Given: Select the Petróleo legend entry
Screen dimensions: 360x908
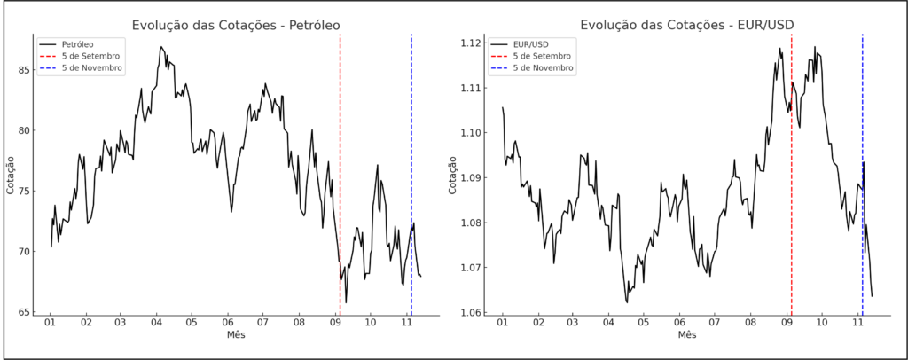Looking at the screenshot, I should point(78,43).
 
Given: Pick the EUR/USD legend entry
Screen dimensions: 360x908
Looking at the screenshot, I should point(530,43).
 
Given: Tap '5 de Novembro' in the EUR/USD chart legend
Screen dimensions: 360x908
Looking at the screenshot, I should point(543,67).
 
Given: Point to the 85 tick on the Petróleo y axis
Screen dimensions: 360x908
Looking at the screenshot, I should point(25,70).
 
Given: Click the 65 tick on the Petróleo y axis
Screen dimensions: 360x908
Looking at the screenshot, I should point(25,312).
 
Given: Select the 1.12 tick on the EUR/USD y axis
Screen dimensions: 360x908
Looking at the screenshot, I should point(470,43).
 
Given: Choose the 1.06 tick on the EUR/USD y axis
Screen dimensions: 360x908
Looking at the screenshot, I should point(470,312).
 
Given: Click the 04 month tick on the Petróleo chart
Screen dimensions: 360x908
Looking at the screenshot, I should point(156,324).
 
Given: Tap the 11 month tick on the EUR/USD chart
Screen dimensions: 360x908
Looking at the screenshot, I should point(857,324).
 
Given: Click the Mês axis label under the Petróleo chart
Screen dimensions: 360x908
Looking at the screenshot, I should point(236,336).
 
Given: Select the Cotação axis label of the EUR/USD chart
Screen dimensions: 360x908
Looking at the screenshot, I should point(451,176).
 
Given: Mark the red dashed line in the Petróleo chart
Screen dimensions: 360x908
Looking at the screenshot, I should point(340,177).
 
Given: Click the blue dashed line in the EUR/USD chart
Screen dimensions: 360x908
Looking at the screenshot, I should point(863,177).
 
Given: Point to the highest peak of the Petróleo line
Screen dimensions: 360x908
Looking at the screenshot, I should point(160,46).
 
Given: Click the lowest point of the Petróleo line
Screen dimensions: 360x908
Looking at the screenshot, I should point(346,302).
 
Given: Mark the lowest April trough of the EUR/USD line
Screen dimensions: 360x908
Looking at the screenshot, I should point(627,302).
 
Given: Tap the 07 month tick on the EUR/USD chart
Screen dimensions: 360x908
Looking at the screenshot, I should point(715,324).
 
